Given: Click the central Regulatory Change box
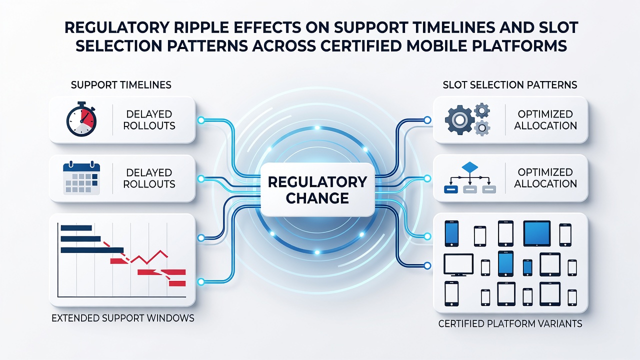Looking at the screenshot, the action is [x=317, y=189].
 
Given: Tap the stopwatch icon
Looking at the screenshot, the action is [x=81, y=119].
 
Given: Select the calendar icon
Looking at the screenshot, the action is [x=81, y=178].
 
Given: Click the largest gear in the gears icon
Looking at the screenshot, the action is [x=459, y=120].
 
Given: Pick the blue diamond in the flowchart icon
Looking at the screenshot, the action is [x=469, y=167].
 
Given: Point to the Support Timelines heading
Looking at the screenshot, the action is [x=121, y=85].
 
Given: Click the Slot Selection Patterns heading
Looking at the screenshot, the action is [x=510, y=85].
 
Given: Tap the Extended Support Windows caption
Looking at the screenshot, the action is [x=123, y=318].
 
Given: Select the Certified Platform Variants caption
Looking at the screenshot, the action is [x=510, y=323].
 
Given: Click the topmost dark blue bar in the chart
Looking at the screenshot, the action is [x=76, y=227].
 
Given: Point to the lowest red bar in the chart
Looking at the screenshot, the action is [x=177, y=283].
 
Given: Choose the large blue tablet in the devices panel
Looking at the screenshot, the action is [x=537, y=233].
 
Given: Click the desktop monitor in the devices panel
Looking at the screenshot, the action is [x=458, y=265].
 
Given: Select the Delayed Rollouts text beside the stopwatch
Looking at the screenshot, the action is [x=149, y=120].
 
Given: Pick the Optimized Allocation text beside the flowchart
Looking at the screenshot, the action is [x=545, y=178].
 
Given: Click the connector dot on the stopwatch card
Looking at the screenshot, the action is [x=201, y=120].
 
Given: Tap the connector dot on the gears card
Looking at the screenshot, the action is [x=427, y=120].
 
